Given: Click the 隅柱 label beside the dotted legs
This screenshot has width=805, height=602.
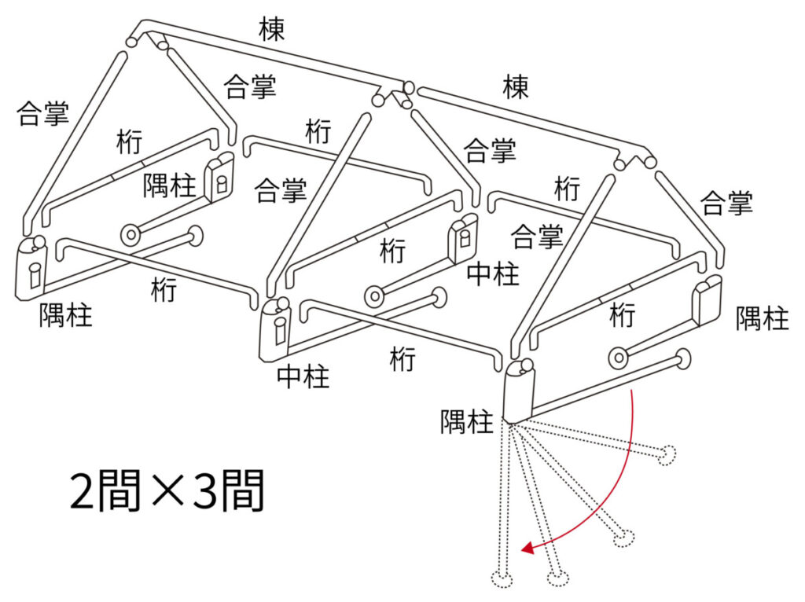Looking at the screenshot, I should click(x=466, y=422).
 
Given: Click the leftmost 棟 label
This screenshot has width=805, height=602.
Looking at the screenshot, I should click(x=271, y=30).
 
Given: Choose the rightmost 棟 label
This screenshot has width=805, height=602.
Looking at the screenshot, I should click(x=516, y=87).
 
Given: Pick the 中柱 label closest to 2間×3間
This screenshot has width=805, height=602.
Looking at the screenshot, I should click(x=303, y=377).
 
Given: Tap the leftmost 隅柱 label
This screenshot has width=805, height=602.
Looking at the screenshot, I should click(x=66, y=315).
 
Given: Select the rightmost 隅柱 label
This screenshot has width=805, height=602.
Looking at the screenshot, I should click(x=762, y=318).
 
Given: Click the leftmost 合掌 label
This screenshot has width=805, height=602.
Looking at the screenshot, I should click(x=42, y=113).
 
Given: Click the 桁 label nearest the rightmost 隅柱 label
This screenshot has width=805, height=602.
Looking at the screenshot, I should click(x=622, y=315).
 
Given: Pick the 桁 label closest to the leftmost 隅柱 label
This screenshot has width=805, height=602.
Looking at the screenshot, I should click(x=164, y=290).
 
